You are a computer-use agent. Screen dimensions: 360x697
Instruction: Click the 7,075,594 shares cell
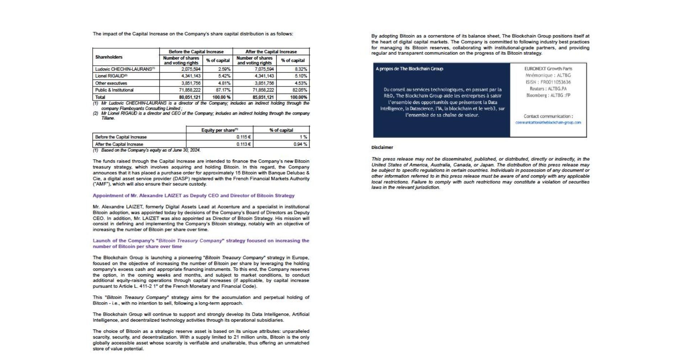(x=264, y=69)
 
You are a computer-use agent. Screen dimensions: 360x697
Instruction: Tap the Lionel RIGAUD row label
(x=111, y=76)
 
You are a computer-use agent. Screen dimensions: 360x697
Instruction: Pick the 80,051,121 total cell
(x=190, y=97)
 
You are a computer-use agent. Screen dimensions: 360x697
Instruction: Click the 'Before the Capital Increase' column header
(x=196, y=52)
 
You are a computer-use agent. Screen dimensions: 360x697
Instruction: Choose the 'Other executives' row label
(x=111, y=83)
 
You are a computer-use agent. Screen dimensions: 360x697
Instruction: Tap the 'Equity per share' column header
(x=220, y=130)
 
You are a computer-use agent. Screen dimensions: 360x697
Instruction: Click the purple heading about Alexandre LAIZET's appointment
(x=193, y=196)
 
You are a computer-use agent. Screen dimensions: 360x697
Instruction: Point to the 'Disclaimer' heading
(x=382, y=147)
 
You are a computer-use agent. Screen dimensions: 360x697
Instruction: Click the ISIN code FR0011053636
(x=548, y=82)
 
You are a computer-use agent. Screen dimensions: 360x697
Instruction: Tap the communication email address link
(x=548, y=123)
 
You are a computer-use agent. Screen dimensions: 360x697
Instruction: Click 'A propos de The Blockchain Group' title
(x=409, y=69)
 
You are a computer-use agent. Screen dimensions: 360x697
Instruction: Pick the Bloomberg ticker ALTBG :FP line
(x=548, y=95)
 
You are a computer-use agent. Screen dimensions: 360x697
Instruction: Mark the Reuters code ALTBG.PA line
(x=548, y=89)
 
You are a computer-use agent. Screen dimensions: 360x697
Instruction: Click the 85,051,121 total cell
(x=263, y=97)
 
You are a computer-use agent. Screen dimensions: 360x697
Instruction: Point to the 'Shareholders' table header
(x=109, y=57)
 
